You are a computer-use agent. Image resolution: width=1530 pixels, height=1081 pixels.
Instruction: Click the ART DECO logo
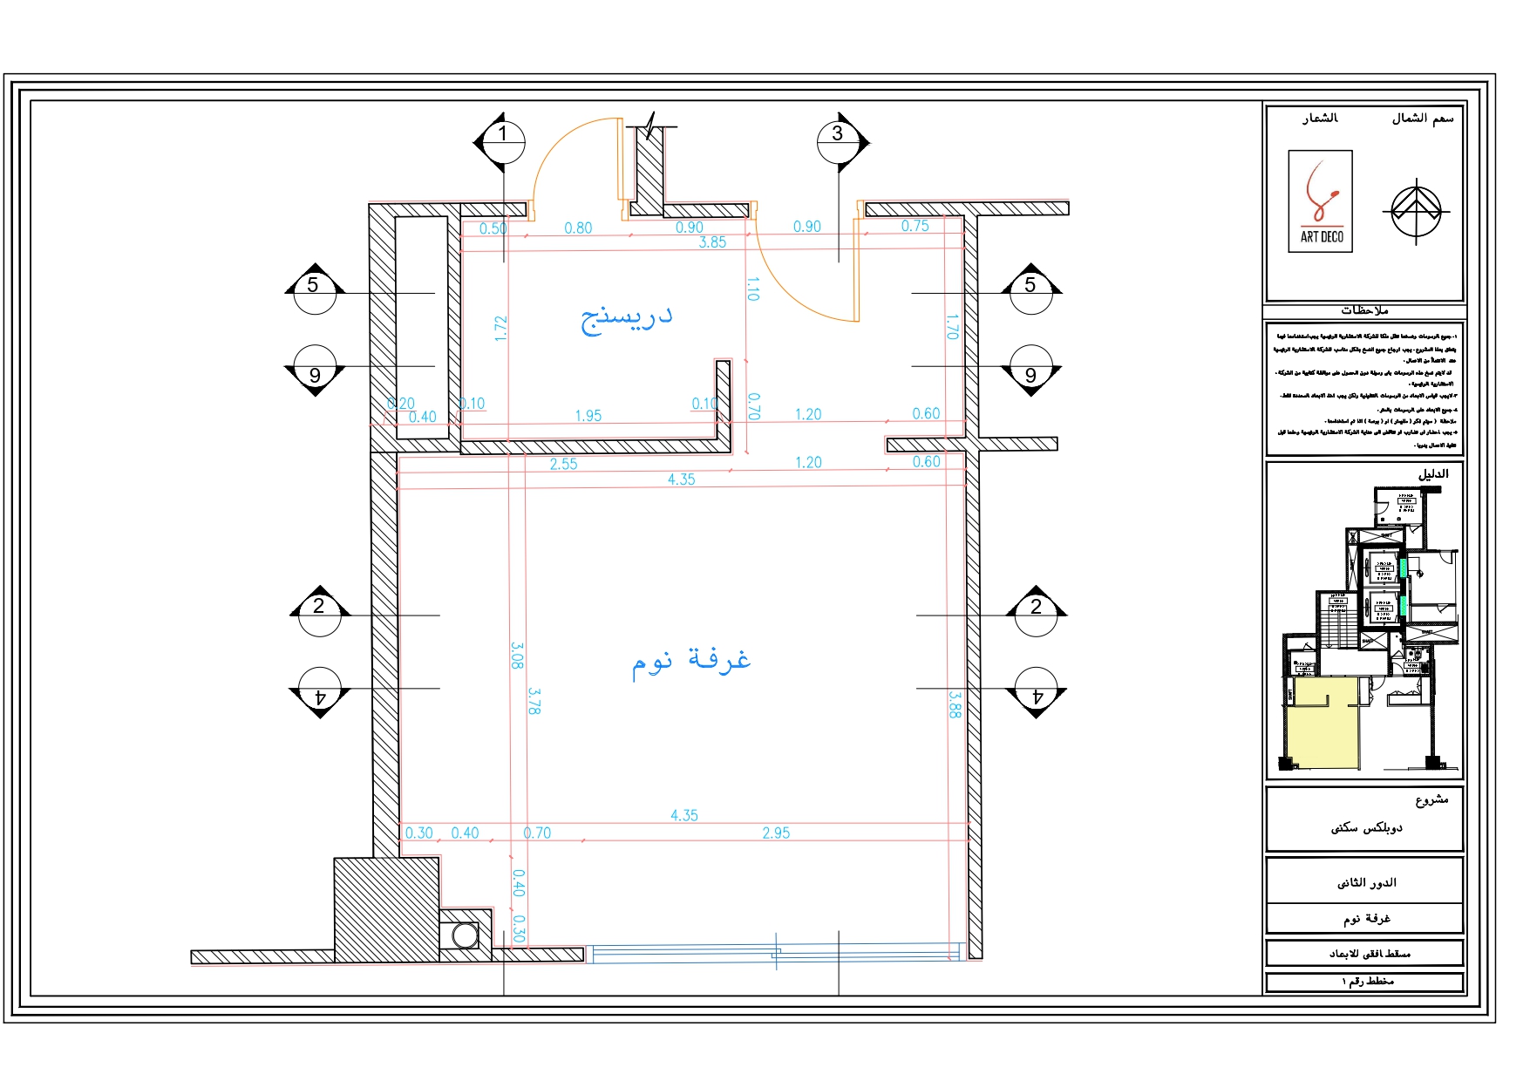(x=1320, y=201)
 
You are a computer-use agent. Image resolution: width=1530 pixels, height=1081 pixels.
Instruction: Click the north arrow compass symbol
(x=1416, y=211)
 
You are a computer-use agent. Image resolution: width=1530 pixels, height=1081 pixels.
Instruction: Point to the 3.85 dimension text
(x=712, y=242)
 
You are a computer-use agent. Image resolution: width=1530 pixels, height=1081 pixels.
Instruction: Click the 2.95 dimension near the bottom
(x=776, y=833)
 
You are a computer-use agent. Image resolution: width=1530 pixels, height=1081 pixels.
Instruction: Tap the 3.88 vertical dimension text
(x=955, y=704)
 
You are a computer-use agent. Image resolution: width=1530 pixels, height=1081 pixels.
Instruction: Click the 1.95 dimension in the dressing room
(x=588, y=416)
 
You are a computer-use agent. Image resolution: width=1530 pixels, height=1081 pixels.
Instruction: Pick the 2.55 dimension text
(x=563, y=464)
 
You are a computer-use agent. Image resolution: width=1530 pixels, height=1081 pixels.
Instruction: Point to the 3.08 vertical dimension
(x=517, y=656)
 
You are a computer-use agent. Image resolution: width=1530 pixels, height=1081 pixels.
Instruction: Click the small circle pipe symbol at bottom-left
(x=466, y=936)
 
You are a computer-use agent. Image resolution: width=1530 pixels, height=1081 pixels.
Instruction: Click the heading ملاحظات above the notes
(x=1364, y=310)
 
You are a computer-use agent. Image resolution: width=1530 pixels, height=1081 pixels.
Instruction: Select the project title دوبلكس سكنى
(x=1366, y=827)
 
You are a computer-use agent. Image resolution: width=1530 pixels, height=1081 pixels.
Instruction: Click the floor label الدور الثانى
(x=1366, y=882)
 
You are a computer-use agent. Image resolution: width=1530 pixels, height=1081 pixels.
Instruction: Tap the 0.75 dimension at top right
(x=915, y=226)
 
